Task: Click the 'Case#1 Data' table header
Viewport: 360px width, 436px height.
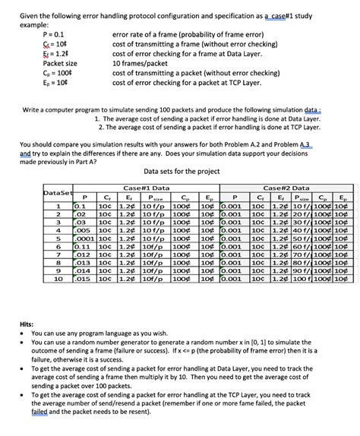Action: point(147,187)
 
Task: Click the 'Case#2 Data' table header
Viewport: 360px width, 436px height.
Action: point(286,187)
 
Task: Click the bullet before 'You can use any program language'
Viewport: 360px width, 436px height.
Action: point(24,333)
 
